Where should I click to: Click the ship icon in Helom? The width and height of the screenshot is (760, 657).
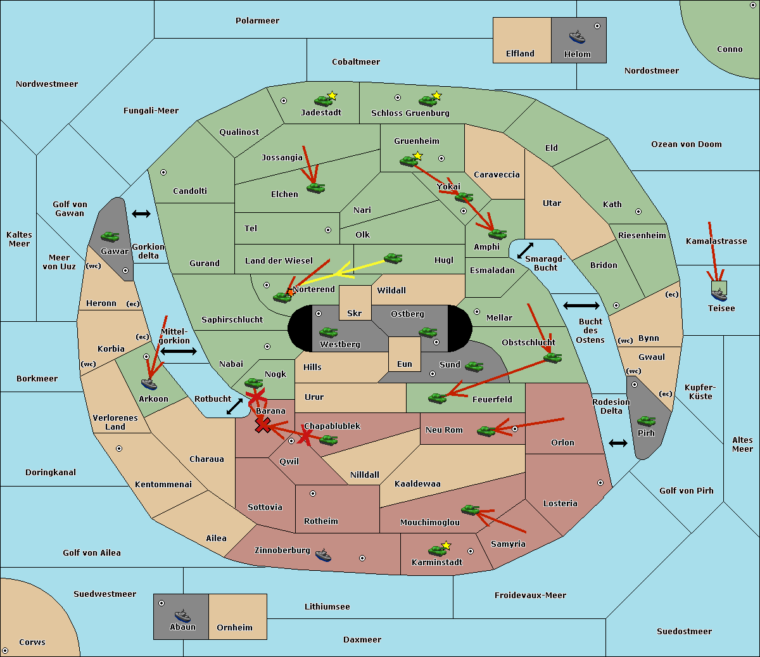coord(577,37)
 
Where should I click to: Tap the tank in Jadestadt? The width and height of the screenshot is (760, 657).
coord(323,101)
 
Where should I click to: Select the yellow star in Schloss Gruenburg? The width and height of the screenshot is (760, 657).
coord(436,96)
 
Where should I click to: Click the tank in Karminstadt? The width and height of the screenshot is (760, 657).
coord(437,551)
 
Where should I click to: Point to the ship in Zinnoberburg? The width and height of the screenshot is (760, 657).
coord(323,555)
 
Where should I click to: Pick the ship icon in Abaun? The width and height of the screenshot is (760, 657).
coord(182,616)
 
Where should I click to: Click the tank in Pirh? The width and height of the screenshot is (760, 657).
coord(646,421)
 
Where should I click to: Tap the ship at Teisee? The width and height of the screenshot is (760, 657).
coord(719,295)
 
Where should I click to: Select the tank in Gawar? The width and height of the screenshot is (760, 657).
coord(110,236)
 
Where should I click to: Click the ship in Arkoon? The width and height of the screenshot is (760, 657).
coord(149,384)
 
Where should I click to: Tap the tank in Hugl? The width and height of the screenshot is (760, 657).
coord(393,258)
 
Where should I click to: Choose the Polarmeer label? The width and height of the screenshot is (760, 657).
coord(257,21)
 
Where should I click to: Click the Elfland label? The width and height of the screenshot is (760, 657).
coord(520,54)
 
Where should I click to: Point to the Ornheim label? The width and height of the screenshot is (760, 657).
coord(234,628)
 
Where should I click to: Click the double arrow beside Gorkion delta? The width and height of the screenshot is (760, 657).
coord(141,214)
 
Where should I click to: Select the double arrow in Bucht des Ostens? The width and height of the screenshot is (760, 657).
coord(581,305)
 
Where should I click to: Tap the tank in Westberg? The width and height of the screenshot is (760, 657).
coord(328,332)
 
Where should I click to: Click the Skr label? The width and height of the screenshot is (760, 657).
coord(355,314)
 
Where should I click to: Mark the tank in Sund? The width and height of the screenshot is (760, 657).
coord(474,366)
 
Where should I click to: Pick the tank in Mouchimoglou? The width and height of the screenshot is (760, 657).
coord(471,510)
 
